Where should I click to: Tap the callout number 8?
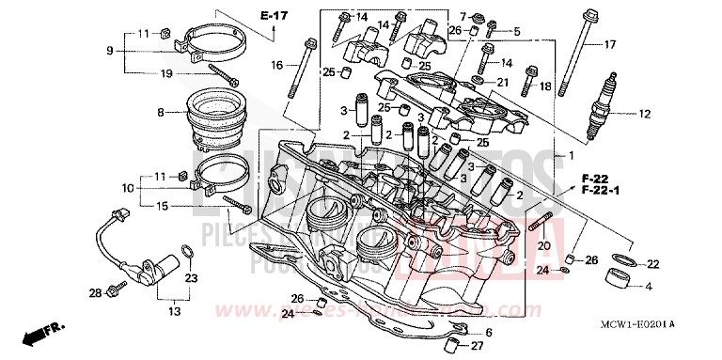[161, 113]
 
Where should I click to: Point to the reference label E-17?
[274, 17]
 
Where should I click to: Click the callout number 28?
[95, 294]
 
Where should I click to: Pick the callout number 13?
[175, 310]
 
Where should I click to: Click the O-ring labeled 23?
[188, 251]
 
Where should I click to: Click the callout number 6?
[488, 333]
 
